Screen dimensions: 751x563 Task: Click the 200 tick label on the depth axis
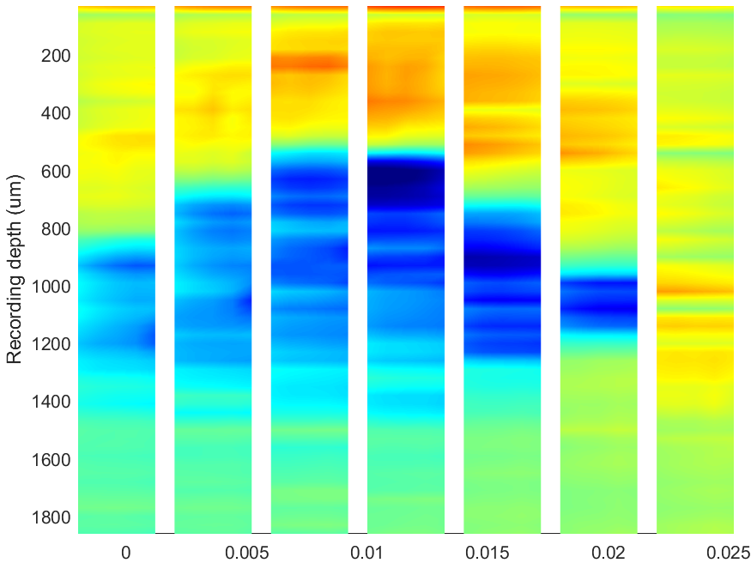coord(56,57)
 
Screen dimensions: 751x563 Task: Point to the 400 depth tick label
coord(56,114)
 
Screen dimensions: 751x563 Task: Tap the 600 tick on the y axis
coord(56,172)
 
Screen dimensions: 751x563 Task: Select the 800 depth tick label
coord(56,229)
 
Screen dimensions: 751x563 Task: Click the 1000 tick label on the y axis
coord(51,287)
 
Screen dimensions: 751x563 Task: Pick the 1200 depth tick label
coord(51,345)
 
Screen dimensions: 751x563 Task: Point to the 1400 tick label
coord(51,403)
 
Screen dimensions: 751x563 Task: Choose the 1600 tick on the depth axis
coord(51,460)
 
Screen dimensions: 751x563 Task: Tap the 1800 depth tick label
coord(51,518)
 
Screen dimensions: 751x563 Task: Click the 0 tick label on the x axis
coord(125,553)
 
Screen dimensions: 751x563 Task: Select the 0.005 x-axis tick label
coord(246,553)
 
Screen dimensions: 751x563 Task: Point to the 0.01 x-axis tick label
coord(366,553)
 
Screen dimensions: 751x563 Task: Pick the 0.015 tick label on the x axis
coord(488,553)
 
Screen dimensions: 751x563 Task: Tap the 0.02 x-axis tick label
coord(609,553)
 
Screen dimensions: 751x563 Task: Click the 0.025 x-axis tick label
coord(729,553)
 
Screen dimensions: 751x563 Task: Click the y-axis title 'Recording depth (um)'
coord(15,269)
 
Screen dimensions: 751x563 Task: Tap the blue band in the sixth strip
coord(599,304)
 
